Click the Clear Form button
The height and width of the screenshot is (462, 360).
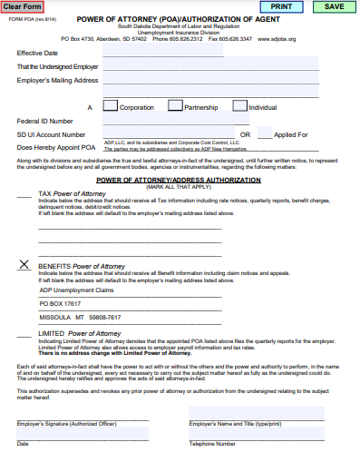[22, 6]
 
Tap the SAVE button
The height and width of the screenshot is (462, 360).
[334, 6]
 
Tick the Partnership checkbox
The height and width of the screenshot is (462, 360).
[176, 106]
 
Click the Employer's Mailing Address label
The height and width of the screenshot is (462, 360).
[57, 81]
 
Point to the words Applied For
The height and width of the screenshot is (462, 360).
[291, 134]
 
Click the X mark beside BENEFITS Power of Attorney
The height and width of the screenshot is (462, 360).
[24, 265]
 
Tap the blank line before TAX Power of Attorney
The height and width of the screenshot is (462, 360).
[24, 194]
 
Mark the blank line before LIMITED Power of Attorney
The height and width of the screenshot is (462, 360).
[24, 334]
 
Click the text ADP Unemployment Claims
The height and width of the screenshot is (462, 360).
[77, 290]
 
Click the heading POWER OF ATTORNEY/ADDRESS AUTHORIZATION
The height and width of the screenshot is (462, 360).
[179, 180]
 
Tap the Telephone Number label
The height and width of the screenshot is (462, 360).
[212, 444]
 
